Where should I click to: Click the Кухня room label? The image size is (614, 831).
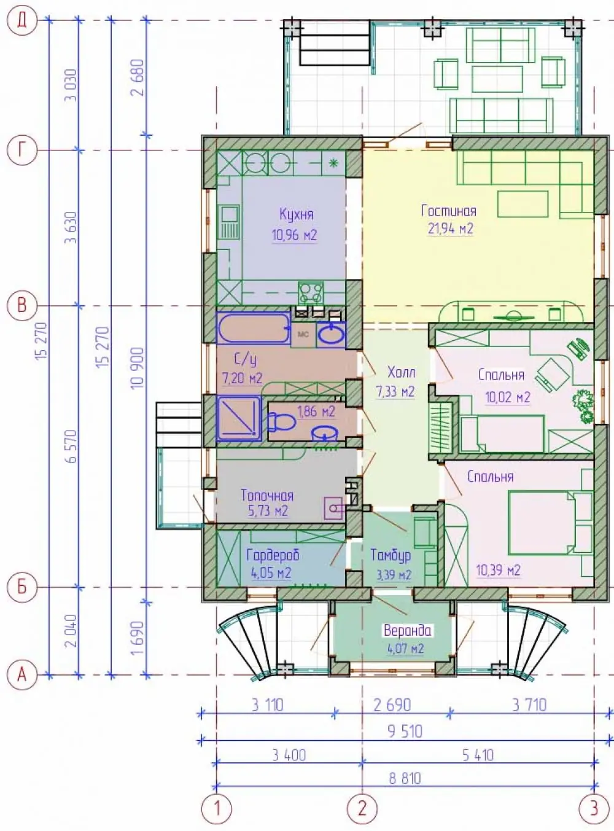click(x=297, y=215)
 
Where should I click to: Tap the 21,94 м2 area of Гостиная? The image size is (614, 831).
click(x=450, y=228)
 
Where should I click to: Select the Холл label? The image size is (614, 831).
click(x=401, y=373)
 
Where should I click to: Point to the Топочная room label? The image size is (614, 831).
click(x=267, y=495)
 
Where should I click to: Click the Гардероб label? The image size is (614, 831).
click(x=273, y=555)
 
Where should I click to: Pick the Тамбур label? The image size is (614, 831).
click(x=391, y=555)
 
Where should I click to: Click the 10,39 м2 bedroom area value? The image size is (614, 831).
click(x=498, y=570)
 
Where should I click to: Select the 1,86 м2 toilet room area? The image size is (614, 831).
click(x=316, y=412)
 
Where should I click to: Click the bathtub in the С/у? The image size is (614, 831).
click(x=254, y=328)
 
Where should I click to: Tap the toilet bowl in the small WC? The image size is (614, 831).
click(x=282, y=422)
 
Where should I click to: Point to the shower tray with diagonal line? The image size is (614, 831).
click(x=239, y=418)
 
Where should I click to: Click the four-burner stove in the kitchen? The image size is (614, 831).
click(x=311, y=293)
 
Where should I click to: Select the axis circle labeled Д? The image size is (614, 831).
click(x=23, y=21)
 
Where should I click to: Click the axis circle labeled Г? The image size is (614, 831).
click(x=23, y=150)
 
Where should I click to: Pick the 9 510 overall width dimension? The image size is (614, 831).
click(x=405, y=731)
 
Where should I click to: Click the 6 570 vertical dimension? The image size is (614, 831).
click(x=71, y=446)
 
